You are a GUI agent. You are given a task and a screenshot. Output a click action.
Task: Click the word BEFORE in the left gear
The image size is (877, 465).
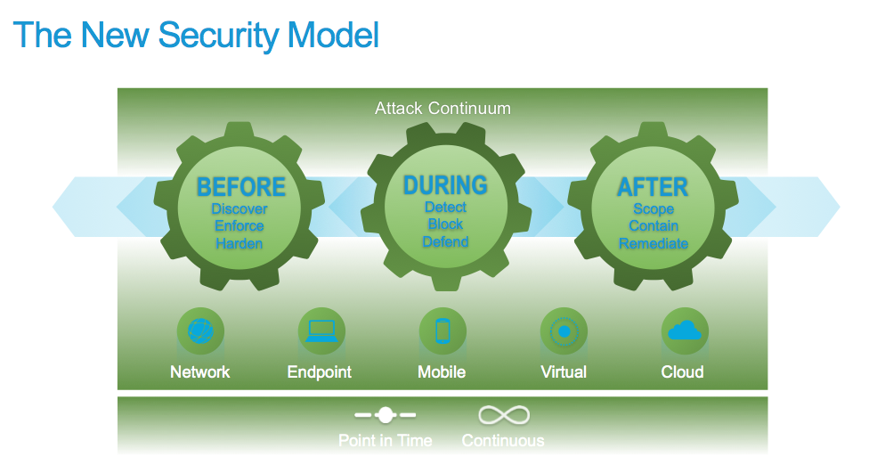(240, 187)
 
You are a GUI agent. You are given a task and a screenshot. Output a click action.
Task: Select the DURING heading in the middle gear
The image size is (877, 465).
(445, 185)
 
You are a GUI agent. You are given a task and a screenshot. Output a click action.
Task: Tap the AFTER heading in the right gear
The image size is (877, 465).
(653, 187)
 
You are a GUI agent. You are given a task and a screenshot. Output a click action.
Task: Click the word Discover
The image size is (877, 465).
(240, 209)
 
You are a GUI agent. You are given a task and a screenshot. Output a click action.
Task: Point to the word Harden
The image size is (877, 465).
(240, 243)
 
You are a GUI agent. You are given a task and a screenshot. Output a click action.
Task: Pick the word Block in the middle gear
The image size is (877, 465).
(445, 224)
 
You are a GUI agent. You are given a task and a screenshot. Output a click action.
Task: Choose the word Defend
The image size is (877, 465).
(445, 242)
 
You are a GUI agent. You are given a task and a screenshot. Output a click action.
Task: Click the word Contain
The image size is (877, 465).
(654, 226)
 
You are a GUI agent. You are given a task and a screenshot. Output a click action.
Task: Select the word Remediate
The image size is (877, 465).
(654, 243)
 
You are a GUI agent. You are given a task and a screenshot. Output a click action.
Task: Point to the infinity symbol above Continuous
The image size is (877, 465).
(504, 415)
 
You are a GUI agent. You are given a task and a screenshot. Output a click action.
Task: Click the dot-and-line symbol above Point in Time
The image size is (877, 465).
(385, 415)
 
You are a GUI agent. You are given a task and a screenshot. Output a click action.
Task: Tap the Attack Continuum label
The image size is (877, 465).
(443, 109)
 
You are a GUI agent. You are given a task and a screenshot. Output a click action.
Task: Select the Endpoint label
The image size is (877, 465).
(320, 372)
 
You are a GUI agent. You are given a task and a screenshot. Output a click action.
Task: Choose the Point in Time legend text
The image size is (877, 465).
(385, 440)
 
